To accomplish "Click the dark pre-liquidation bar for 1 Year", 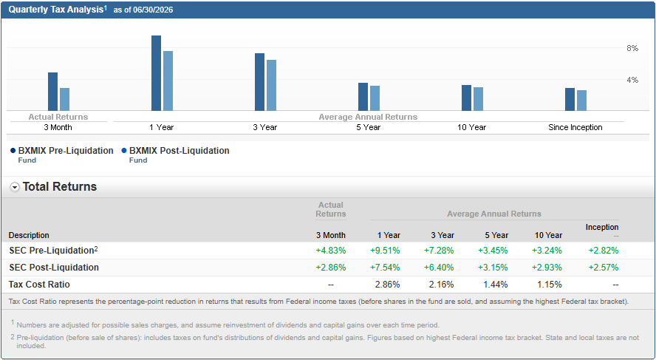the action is [x=156, y=73].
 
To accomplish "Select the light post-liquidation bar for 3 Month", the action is [x=64, y=100].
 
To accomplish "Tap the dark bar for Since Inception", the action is [x=570, y=100].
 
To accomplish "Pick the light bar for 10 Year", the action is [x=478, y=99].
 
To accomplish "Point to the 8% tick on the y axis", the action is [x=632, y=49].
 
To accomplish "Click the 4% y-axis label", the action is [x=632, y=80].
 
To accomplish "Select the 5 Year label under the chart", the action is [x=368, y=127].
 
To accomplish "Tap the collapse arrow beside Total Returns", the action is [x=15, y=188].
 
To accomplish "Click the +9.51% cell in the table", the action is [x=385, y=251].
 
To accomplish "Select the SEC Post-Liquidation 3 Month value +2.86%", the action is [x=331, y=268].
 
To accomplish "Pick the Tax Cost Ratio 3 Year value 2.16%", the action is [x=441, y=285].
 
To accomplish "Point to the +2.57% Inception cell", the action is [x=604, y=268].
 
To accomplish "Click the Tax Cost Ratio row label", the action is [x=39, y=285].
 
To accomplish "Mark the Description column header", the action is [x=29, y=235].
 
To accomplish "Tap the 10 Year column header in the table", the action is [x=548, y=235].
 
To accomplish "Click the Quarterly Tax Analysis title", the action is [x=56, y=10].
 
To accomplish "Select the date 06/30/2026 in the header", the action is [x=153, y=10].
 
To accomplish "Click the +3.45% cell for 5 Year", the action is [x=493, y=251].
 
